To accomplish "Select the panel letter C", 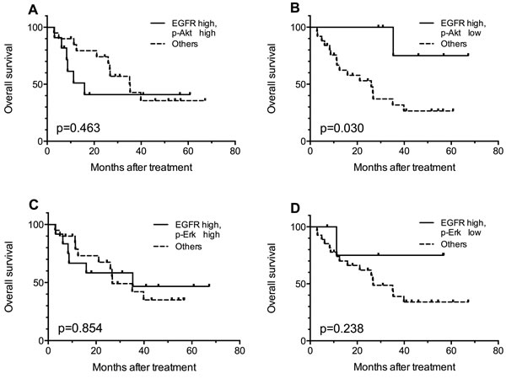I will coord(8,204).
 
